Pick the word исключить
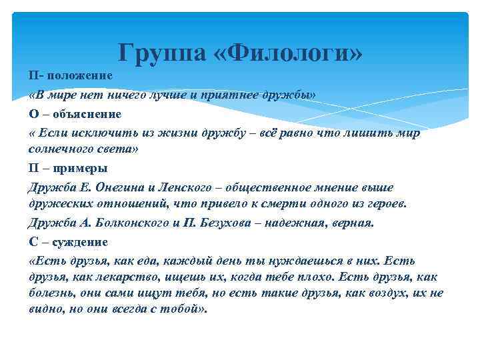(98, 133)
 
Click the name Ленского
(191, 187)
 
